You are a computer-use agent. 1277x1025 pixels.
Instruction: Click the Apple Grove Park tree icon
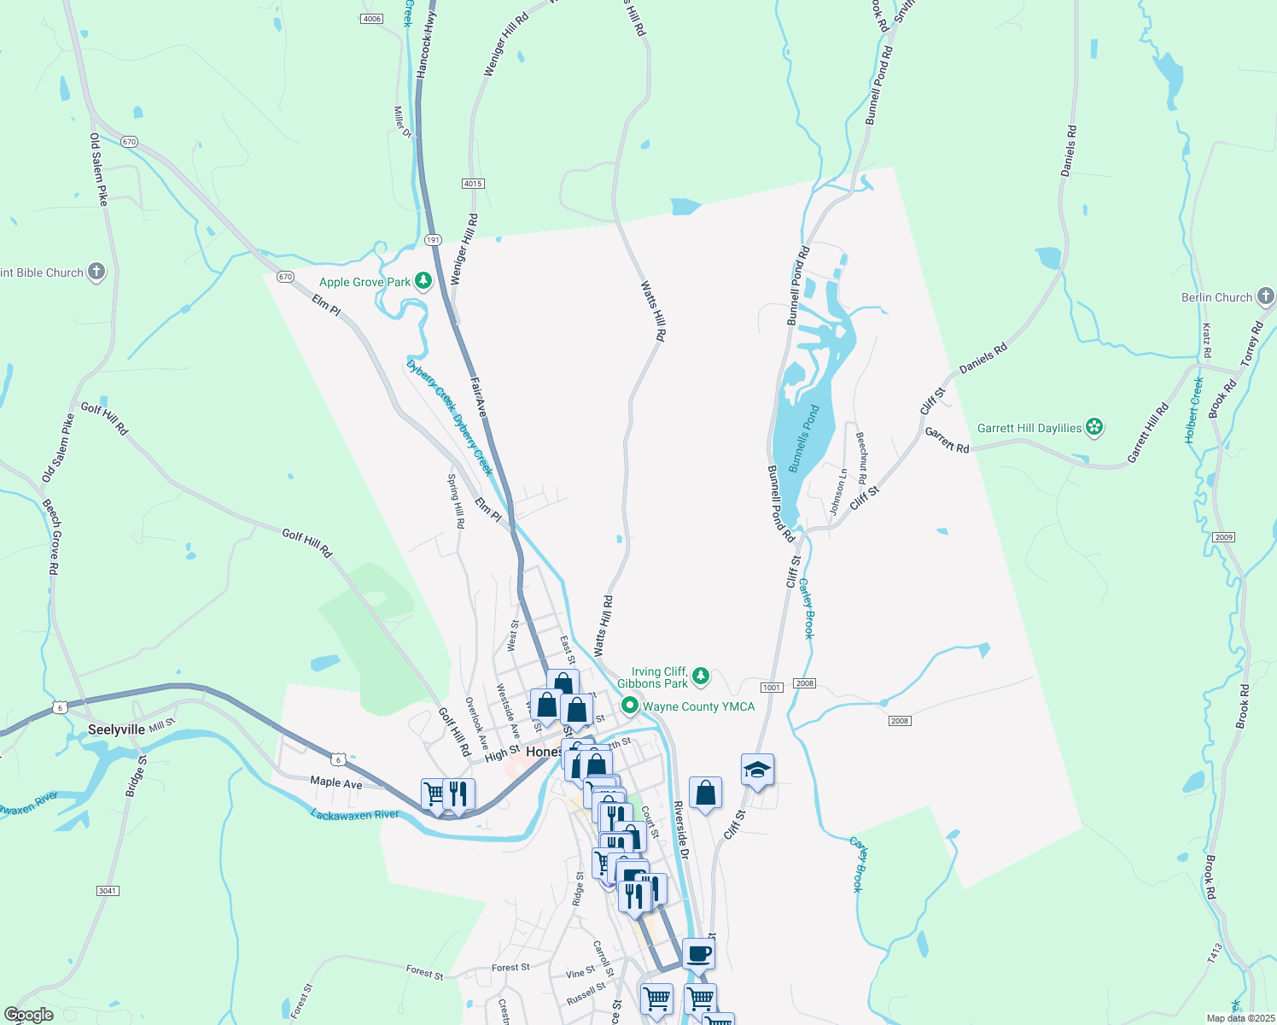coord(423,281)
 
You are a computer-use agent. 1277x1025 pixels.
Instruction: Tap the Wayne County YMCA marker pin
coord(630,706)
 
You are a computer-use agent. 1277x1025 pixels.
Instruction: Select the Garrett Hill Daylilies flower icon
coord(1094,427)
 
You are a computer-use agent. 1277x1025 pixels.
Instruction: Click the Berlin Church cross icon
coord(1265,296)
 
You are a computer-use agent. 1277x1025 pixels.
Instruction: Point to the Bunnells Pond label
coord(803,439)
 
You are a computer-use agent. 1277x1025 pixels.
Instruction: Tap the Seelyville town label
coord(116,729)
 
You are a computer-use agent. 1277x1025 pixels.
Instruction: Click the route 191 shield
coord(434,240)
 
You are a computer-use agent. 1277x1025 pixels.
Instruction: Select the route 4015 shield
coord(473,184)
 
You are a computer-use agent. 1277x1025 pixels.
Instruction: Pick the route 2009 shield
coord(1223,536)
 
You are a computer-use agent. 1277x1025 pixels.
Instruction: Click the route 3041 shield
coord(107,891)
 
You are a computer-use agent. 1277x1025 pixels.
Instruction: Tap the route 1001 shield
coord(771,687)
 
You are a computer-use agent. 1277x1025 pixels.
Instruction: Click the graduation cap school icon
coord(757,770)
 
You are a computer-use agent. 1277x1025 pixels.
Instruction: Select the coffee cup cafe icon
coord(698,953)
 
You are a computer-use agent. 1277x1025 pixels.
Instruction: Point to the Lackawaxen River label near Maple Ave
coord(355,815)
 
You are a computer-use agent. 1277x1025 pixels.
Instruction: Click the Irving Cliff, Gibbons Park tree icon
coord(701,676)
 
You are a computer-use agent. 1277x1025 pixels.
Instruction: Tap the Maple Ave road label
coord(336,782)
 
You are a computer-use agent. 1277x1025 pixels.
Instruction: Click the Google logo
coord(29,1015)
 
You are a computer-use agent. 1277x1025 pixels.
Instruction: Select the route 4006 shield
coord(371,19)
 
